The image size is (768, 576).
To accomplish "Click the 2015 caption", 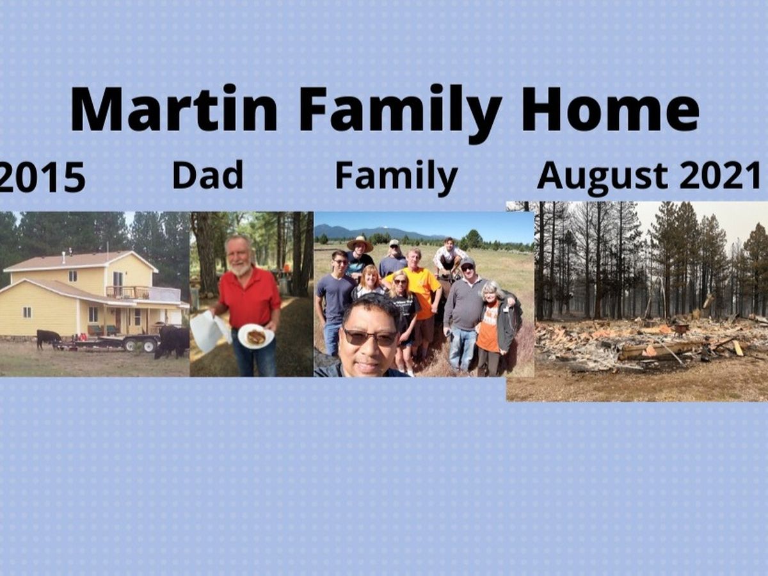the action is coord(43,177).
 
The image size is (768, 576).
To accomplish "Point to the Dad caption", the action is coord(207,174).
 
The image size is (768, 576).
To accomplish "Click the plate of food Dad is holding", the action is coord(256,336).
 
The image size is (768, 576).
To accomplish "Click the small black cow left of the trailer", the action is coord(49,339).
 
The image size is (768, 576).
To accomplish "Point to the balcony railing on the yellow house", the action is coord(128,292).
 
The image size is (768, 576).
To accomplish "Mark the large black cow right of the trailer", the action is coord(172,341).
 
